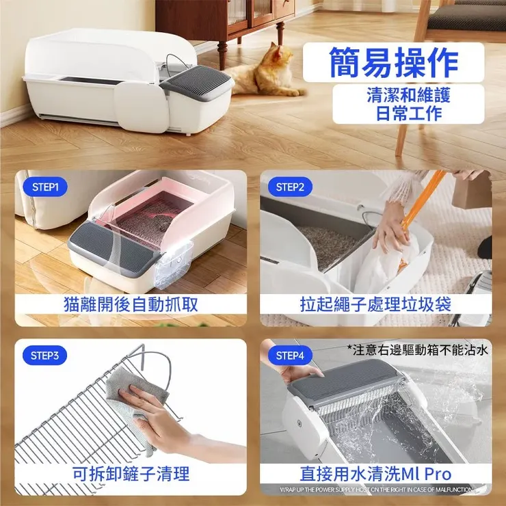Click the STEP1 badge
[x=45, y=187]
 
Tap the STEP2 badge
[x=290, y=187]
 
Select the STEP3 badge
[x=45, y=356]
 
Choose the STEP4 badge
[x=290, y=356]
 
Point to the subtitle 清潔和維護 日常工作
[x=409, y=104]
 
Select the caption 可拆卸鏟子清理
[x=131, y=472]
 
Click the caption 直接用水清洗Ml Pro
[x=375, y=473]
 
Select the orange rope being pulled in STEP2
[x=424, y=198]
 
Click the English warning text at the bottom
[x=375, y=490]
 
